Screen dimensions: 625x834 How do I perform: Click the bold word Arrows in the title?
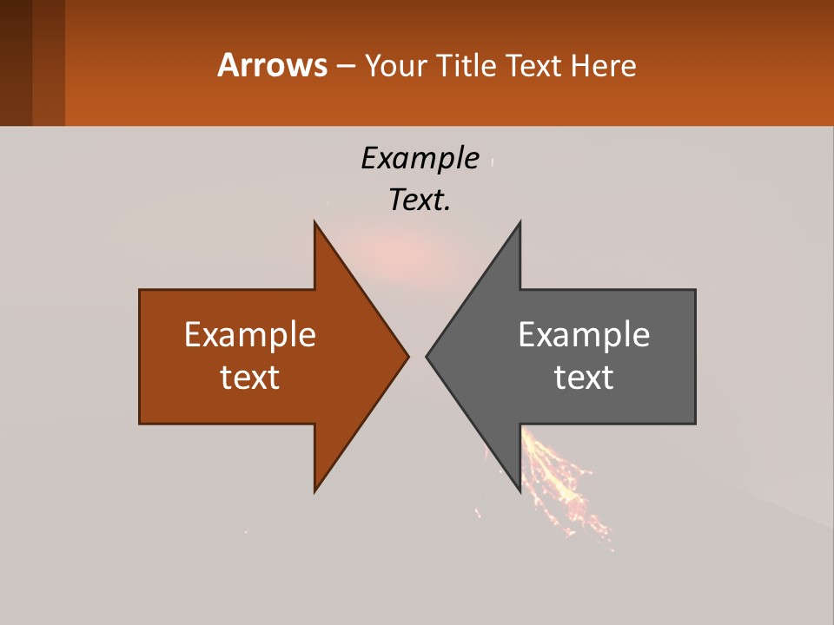[272, 65]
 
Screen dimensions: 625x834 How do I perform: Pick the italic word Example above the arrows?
[420, 159]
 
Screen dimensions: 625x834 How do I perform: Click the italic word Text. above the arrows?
[420, 201]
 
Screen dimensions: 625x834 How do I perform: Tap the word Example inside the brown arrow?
[249, 335]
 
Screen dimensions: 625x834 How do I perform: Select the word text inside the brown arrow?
[249, 377]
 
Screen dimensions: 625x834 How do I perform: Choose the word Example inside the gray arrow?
[584, 335]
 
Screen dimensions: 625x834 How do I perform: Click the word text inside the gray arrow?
[584, 377]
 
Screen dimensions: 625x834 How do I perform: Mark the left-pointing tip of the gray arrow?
[427, 356]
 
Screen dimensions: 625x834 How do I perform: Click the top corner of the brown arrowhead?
[315, 223]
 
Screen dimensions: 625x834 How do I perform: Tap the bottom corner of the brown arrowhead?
[315, 490]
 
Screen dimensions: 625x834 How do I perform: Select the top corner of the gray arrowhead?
[520, 223]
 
